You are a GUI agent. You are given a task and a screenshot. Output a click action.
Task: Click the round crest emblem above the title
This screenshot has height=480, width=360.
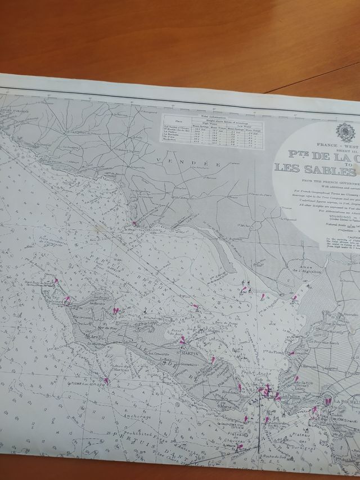345,132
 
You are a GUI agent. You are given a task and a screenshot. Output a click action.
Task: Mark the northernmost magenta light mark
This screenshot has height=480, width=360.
134,223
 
